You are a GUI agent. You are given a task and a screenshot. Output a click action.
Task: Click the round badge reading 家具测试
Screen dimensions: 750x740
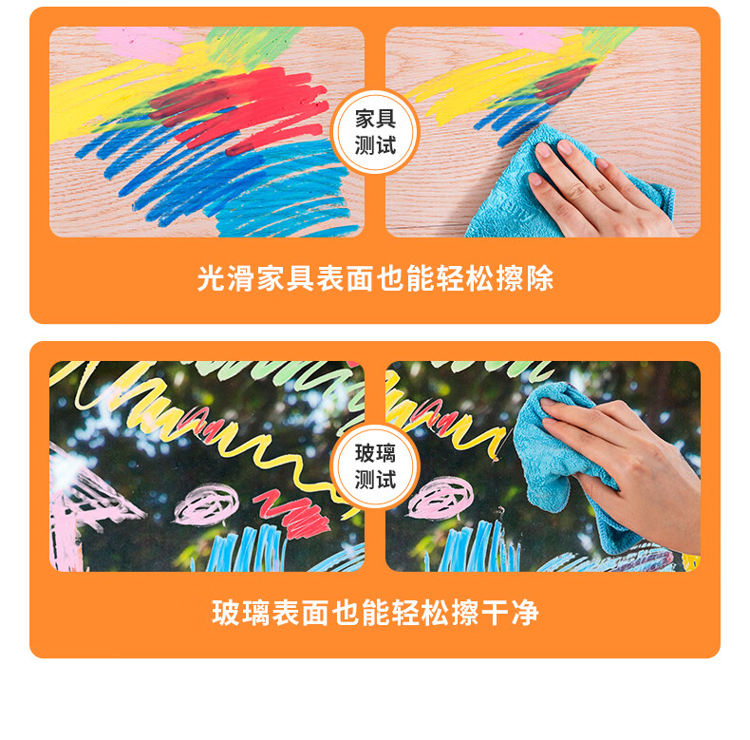374,132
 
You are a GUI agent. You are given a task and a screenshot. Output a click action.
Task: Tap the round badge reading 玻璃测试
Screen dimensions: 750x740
374,466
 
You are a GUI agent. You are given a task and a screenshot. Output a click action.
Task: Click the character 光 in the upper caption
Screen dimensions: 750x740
212,278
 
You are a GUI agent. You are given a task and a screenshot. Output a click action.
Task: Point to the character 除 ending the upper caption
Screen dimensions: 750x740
540,278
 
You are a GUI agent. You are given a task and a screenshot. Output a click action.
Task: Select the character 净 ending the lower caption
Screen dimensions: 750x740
525,613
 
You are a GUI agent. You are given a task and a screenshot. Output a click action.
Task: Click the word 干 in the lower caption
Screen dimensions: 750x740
496,613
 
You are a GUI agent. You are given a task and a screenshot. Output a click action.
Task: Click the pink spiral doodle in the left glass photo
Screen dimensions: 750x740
206,504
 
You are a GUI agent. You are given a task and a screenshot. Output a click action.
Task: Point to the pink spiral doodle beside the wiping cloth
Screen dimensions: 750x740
441,498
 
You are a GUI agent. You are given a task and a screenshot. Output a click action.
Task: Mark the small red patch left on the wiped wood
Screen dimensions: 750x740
565,83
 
